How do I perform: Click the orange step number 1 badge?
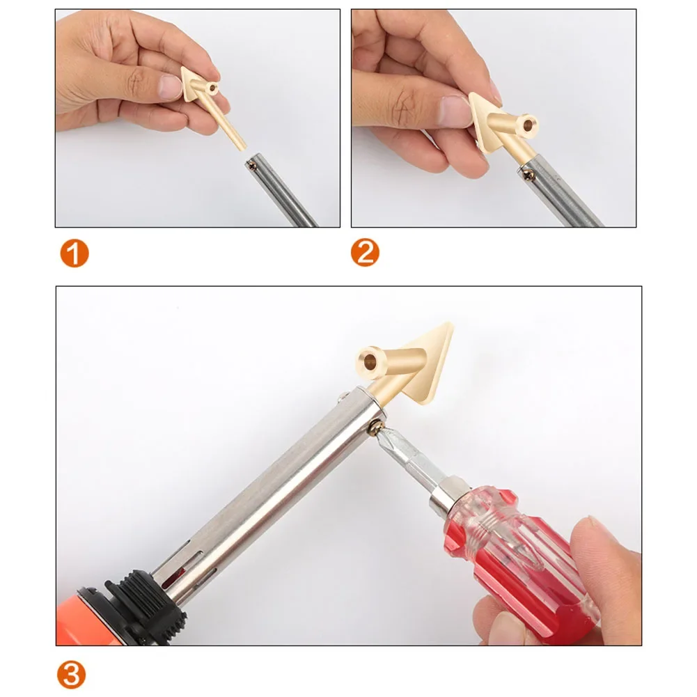pyautogui.click(x=73, y=253)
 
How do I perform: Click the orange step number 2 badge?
pyautogui.click(x=366, y=253)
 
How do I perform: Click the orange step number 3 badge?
pyautogui.click(x=72, y=674)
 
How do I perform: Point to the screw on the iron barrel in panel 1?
pyautogui.click(x=252, y=166)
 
